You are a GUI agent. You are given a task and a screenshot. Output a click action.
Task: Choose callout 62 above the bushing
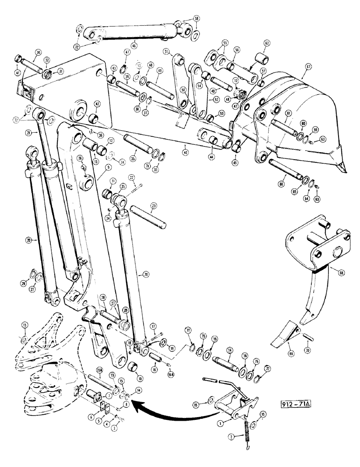[267, 42]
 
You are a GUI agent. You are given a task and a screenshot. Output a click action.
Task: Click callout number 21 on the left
[28, 133]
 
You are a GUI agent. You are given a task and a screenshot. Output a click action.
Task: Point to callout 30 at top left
[38, 52]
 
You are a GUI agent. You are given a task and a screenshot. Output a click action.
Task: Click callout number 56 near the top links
[236, 49]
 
